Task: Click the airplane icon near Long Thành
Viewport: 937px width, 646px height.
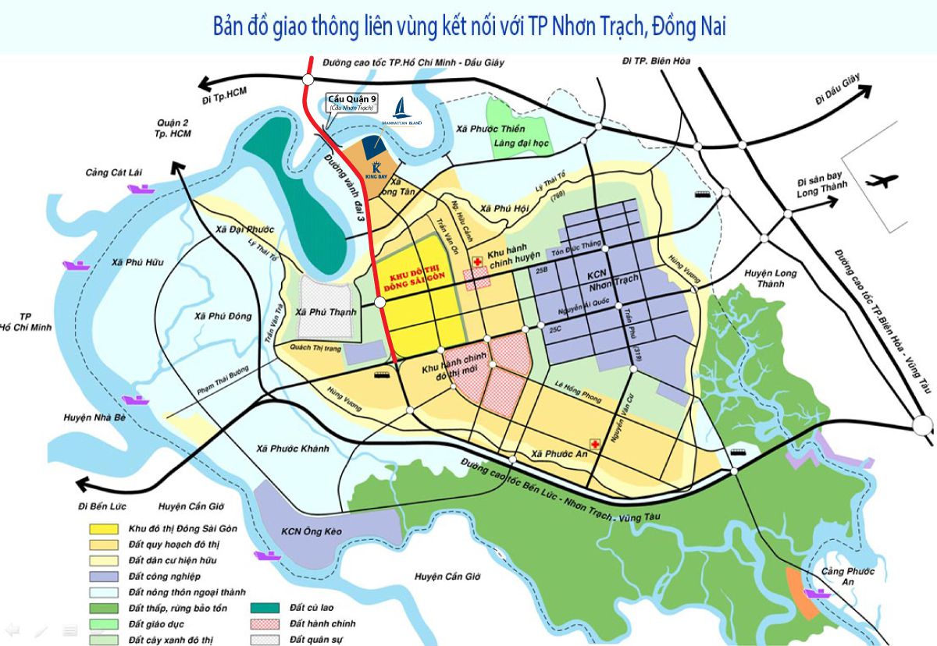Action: pos(882,182)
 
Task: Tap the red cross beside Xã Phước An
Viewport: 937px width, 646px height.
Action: pos(595,444)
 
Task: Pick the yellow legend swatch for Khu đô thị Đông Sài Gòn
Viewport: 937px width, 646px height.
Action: pos(102,528)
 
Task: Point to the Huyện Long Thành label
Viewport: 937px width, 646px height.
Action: pos(770,279)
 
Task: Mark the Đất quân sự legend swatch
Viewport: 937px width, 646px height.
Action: pos(263,640)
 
